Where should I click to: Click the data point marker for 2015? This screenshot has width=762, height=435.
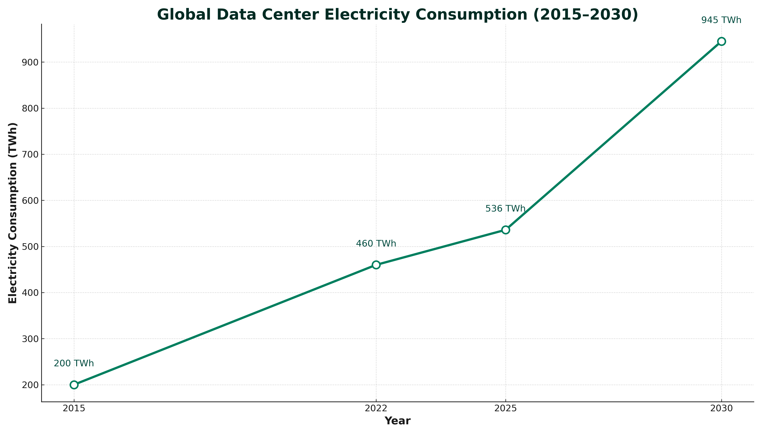tap(74, 385)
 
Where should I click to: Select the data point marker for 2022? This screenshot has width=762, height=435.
tap(376, 265)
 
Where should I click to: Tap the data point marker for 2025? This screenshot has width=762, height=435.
tap(506, 230)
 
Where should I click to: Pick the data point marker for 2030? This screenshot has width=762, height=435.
tap(722, 41)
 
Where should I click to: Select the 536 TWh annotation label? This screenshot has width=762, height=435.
tap(505, 209)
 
